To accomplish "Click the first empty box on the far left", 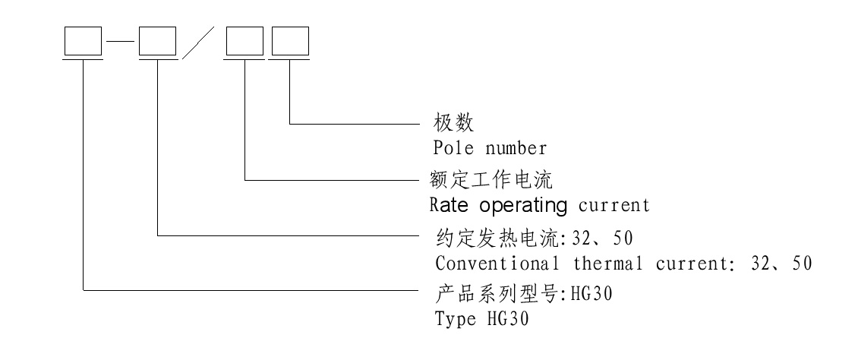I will point(82,43).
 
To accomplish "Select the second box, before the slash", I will point(157,43).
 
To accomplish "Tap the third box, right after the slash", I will point(245,43).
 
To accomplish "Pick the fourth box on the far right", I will point(291,43).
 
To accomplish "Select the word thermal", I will point(605,264).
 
